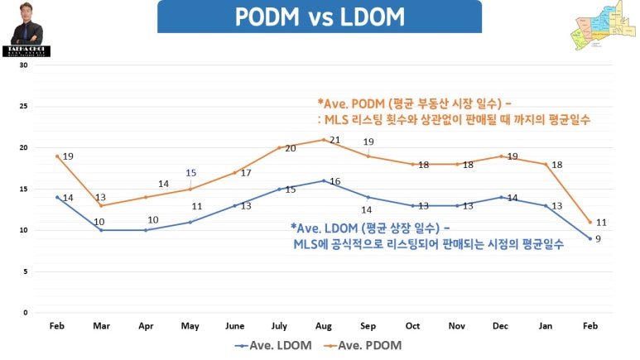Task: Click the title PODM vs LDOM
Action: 319,17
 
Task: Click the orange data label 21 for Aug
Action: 335,140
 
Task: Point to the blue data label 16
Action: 335,181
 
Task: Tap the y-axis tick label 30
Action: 24,65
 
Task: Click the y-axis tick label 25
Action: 24,107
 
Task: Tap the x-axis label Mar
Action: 101,326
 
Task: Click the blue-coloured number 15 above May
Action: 191,173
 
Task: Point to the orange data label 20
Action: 290,148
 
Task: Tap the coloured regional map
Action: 601,29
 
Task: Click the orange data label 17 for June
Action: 245,173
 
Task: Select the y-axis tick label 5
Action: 26,271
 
